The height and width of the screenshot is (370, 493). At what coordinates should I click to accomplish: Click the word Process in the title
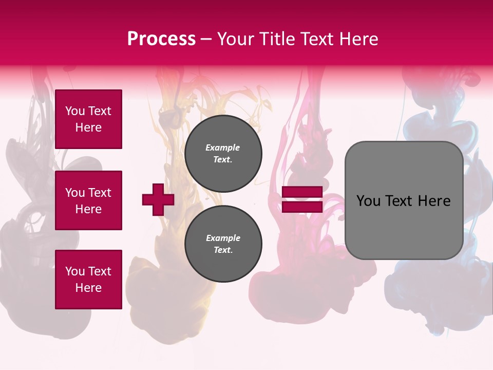(x=161, y=39)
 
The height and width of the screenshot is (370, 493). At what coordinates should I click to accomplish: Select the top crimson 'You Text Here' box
(x=88, y=119)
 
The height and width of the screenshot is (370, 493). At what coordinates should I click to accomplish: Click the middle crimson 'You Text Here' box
(x=88, y=200)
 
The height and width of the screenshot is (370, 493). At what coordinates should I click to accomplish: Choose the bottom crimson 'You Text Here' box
(x=88, y=279)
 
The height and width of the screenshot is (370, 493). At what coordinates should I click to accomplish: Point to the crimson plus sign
(x=158, y=199)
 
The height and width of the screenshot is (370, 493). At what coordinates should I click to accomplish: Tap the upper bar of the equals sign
(x=302, y=192)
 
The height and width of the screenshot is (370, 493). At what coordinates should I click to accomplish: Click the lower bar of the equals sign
(x=302, y=207)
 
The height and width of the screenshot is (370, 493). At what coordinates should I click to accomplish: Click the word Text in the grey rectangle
(x=401, y=201)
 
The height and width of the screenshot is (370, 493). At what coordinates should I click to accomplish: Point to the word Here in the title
(x=359, y=39)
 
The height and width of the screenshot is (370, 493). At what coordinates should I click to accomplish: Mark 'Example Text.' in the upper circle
(x=223, y=154)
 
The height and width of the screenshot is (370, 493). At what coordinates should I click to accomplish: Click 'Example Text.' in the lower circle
(x=223, y=244)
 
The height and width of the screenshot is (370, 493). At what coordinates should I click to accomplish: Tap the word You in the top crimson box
(x=74, y=111)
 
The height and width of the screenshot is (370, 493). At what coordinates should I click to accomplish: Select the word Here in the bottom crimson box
(x=88, y=288)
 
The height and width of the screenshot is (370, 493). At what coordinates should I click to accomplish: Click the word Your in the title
(x=237, y=39)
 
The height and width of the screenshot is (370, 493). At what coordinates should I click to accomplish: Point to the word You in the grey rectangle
(x=368, y=201)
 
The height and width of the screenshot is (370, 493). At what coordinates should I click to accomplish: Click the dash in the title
(x=206, y=39)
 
